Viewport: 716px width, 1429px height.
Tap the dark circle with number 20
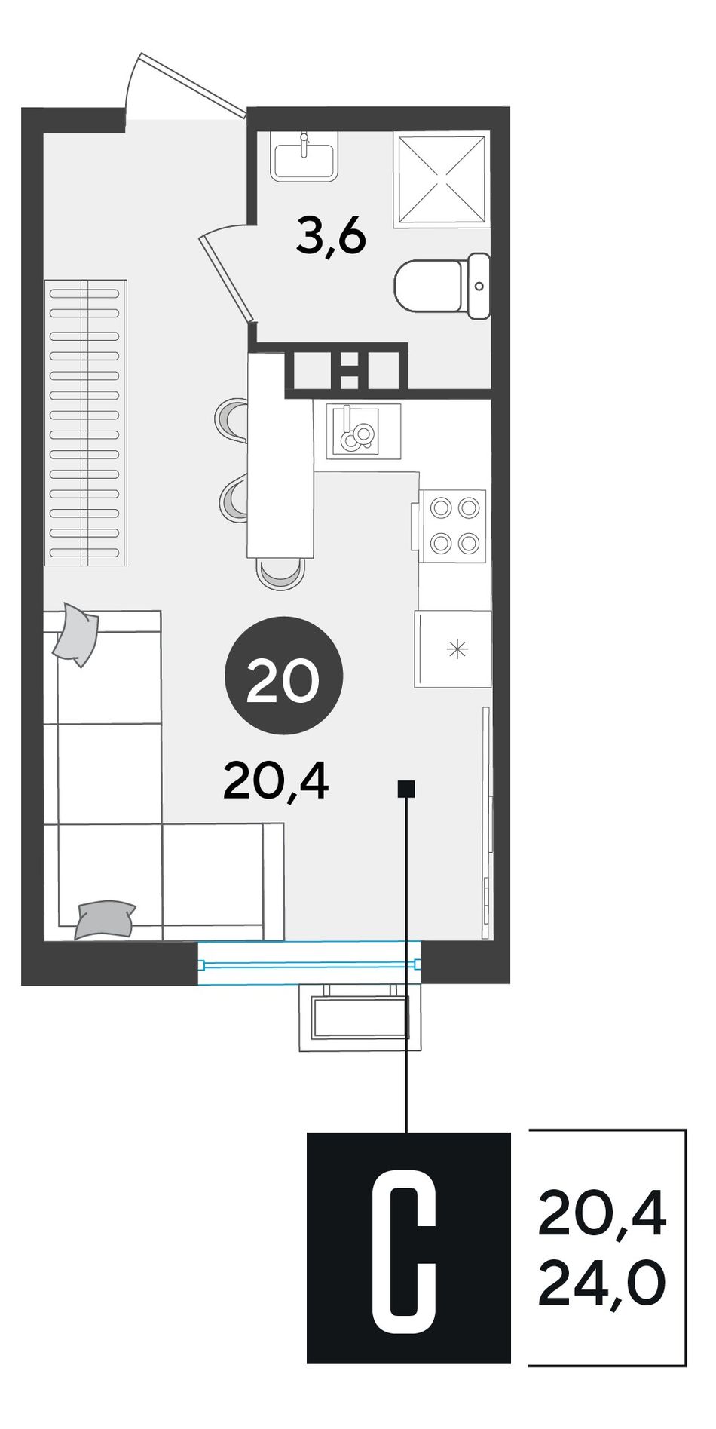point(284,676)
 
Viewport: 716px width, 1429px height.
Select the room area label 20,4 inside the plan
point(276,782)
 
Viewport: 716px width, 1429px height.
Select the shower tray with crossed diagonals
point(442,180)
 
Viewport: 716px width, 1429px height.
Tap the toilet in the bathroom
point(442,286)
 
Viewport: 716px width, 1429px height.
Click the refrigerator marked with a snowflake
point(452,649)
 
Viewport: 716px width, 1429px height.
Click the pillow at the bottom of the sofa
point(105,919)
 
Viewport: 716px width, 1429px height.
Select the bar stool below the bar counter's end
point(280,574)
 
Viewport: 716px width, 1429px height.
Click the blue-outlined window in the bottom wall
point(309,963)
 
